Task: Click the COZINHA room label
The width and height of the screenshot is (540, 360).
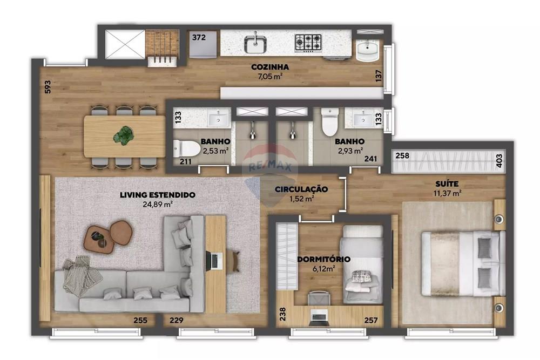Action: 270,67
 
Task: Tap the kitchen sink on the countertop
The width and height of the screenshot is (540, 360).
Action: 254,43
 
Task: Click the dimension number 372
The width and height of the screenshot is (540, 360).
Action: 199,37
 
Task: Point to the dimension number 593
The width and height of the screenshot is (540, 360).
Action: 48,87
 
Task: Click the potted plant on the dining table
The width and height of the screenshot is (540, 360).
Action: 125,135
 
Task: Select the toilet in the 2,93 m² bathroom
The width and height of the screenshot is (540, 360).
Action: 329,123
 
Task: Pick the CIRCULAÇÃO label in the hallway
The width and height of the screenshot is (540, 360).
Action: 301,189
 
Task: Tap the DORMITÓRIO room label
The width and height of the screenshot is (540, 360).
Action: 323,259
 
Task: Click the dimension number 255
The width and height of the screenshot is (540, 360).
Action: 140,321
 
